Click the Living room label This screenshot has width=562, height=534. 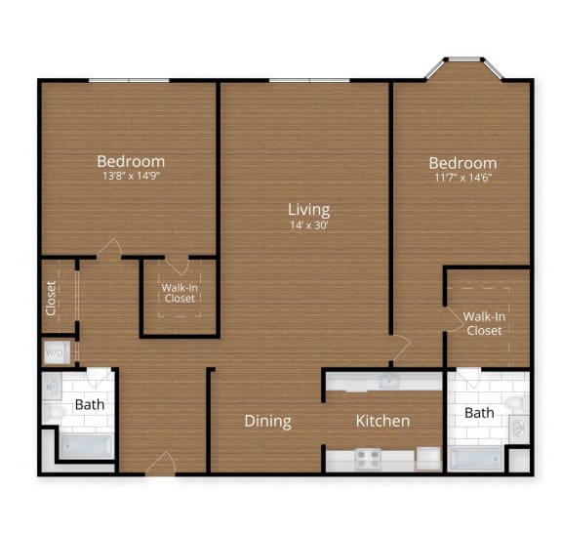308,209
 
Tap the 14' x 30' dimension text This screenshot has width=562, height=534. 308,226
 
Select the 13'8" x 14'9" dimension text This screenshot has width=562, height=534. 131,178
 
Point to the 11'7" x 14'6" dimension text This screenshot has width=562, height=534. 463,179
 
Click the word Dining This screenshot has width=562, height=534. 267,421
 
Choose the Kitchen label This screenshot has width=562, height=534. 382,421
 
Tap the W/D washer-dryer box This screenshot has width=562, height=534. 55,353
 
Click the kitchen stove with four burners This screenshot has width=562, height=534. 368,457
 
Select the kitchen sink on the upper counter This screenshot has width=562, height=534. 388,380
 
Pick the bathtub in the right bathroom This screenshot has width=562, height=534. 475,457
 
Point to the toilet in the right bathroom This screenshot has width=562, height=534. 517,428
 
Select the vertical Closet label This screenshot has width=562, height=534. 51,299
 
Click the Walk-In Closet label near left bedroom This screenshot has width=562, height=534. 180,292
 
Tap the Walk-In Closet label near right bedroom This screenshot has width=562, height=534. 483,323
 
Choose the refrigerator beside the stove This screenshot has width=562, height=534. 427,457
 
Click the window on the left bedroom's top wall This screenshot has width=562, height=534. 129,80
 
